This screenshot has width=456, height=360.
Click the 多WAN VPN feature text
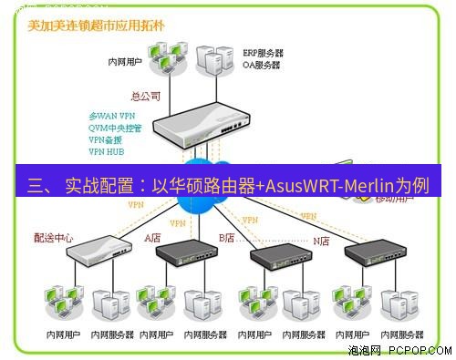pos(111,117)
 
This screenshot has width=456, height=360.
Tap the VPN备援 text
pos(106,140)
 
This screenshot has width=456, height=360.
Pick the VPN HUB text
pos(108,152)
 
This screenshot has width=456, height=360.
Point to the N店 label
pos(322,241)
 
